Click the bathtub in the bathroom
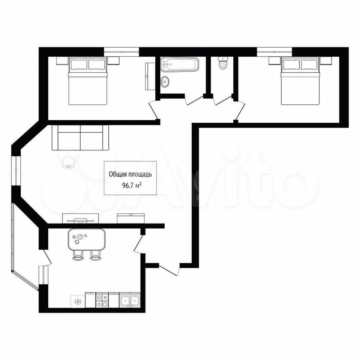point(180,64)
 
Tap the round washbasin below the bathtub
point(165,81)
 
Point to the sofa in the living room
point(80,138)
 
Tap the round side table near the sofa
point(68,162)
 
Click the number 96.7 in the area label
point(127,186)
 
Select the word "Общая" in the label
point(117,174)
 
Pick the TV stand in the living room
point(81,218)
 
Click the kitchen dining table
point(87,240)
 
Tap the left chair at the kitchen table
point(78,255)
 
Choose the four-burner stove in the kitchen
point(102,300)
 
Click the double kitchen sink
point(130,300)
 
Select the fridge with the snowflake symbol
point(78,301)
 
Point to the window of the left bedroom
point(121,51)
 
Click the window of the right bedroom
point(274,51)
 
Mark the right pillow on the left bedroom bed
point(97,64)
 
